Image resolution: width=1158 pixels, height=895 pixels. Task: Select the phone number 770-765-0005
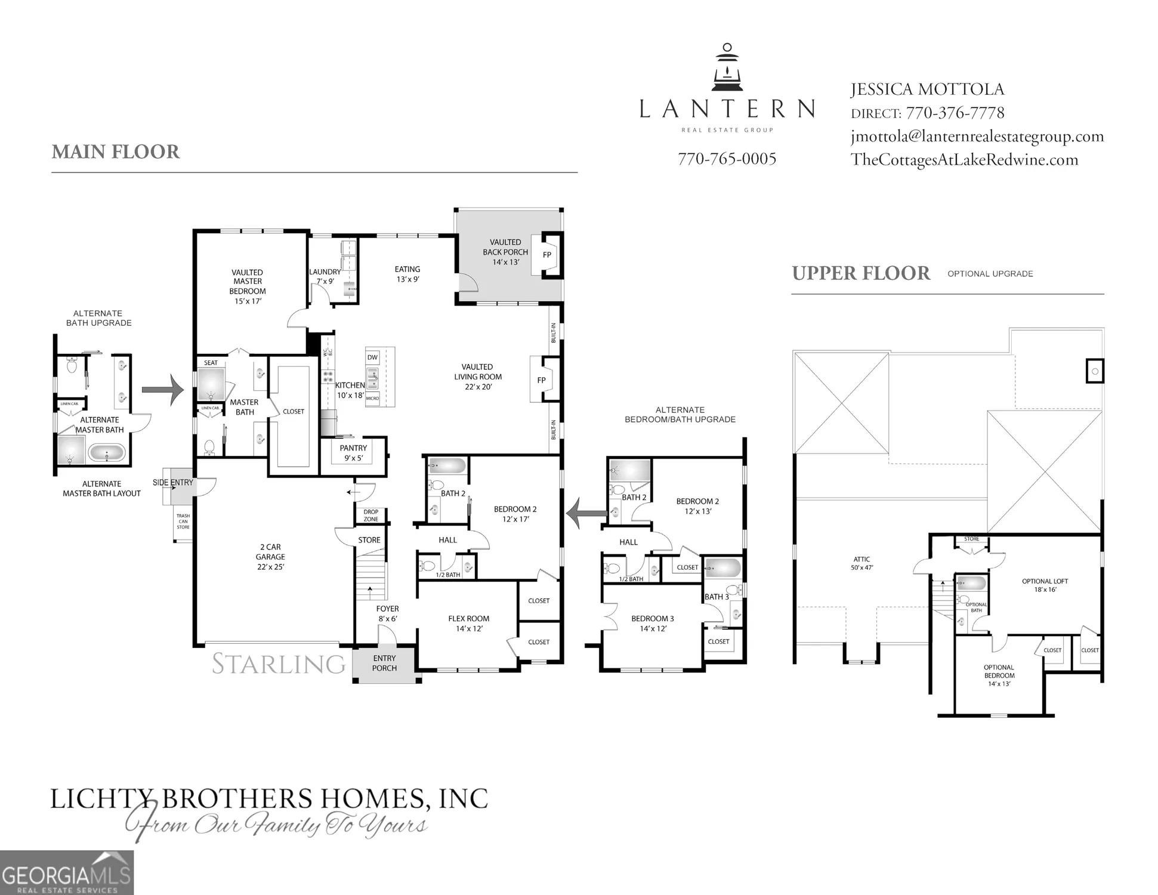click(727, 159)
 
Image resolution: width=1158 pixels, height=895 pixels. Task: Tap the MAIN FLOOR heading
click(115, 152)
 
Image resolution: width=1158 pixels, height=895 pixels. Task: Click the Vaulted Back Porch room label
click(505, 252)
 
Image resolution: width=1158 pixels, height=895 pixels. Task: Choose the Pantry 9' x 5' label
click(353, 453)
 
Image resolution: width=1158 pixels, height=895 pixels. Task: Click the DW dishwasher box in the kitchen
click(372, 357)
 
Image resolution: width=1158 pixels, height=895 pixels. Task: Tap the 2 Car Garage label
click(270, 557)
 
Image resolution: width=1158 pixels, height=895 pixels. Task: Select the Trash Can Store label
click(183, 521)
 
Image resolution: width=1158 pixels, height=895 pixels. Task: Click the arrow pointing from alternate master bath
click(162, 390)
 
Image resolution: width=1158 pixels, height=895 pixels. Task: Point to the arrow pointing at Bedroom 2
click(582, 513)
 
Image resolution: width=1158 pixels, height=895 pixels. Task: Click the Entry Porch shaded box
click(384, 663)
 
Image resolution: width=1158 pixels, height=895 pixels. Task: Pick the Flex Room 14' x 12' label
click(468, 624)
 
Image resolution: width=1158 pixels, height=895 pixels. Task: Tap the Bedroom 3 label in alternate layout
click(652, 624)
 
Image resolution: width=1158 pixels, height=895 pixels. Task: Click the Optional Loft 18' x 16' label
click(1045, 585)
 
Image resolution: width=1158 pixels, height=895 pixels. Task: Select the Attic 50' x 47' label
click(861, 563)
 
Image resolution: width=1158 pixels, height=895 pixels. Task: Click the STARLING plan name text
click(279, 664)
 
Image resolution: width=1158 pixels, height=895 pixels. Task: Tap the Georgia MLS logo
click(66, 873)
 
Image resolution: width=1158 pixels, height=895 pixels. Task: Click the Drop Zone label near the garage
click(370, 516)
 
